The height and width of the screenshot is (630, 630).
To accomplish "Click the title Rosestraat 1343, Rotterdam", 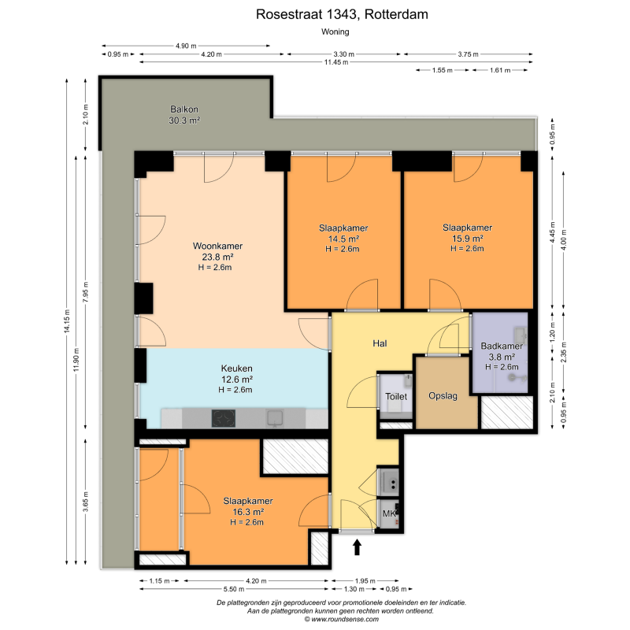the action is point(342,14).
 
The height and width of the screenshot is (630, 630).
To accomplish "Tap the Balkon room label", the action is point(184,109).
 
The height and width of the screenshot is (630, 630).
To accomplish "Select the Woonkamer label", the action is point(217,246).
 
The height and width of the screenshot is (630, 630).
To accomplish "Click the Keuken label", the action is point(237,368).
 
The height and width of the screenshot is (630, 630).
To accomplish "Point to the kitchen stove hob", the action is point(224,418).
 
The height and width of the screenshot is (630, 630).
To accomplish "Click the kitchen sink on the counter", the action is point(275,418).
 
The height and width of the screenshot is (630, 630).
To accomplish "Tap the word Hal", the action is point(380,343).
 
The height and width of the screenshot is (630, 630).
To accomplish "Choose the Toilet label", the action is point(396,396).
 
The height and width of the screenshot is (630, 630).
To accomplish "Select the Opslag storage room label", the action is point(443,396).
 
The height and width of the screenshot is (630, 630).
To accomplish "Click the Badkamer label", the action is point(502,346).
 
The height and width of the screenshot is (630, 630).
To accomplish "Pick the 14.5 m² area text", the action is point(343,239).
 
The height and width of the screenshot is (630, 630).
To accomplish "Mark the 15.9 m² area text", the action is point(467,239).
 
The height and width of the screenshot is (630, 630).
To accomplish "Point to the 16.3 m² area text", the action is point(248,512).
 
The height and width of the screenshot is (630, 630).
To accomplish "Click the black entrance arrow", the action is point(357,547).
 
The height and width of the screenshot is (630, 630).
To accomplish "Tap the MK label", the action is point(389,513).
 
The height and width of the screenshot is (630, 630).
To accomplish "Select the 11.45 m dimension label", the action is point(336,62).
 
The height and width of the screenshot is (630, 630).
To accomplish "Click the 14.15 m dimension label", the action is point(67,321).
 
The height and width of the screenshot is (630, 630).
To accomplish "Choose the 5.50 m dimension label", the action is point(234,589).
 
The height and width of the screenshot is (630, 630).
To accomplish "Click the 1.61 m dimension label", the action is point(500,70).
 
